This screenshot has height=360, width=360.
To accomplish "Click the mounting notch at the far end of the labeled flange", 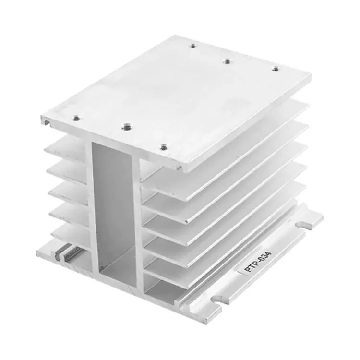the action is click(x=303, y=224).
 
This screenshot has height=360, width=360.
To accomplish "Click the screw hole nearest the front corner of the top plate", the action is click(x=163, y=147).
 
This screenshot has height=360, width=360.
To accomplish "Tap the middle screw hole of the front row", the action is click(x=125, y=126).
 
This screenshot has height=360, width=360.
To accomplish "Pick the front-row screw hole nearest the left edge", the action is click(x=76, y=119).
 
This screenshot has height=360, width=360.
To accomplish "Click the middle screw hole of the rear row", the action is click(x=227, y=61).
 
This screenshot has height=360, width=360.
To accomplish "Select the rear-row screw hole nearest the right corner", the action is click(x=276, y=69).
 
